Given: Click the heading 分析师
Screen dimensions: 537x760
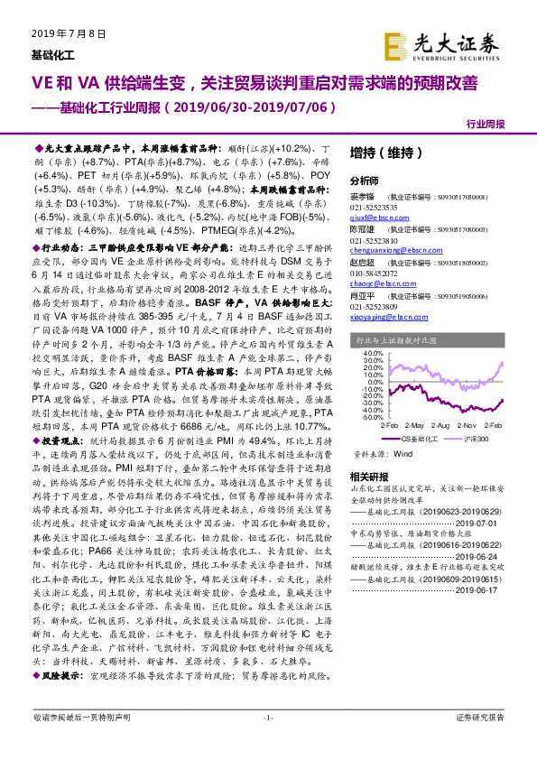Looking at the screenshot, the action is pyautogui.click(x=364, y=180).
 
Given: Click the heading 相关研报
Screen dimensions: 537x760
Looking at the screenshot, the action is pyautogui.click(x=368, y=477).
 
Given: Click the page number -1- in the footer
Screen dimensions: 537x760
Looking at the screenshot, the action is pyautogui.click(x=267, y=742).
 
